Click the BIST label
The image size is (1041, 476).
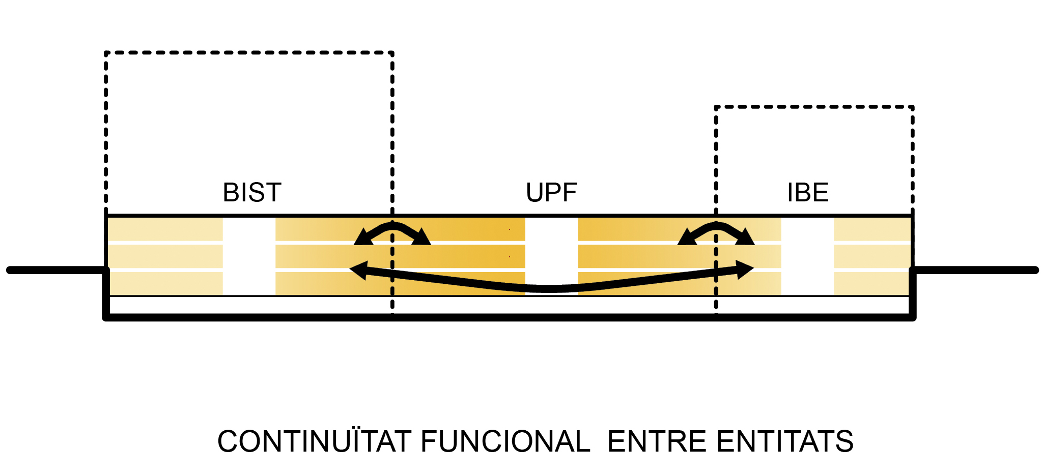tap(252, 193)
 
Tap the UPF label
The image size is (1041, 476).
tap(551, 193)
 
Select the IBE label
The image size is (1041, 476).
tap(808, 193)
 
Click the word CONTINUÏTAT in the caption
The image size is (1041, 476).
tap(314, 441)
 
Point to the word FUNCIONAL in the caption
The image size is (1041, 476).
tap(505, 441)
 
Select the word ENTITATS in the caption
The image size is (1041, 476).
tap(785, 441)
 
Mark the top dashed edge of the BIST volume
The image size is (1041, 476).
tap(249, 52)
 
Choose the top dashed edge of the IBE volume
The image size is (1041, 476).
tap(814, 107)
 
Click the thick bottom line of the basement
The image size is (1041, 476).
tap(509, 317)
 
